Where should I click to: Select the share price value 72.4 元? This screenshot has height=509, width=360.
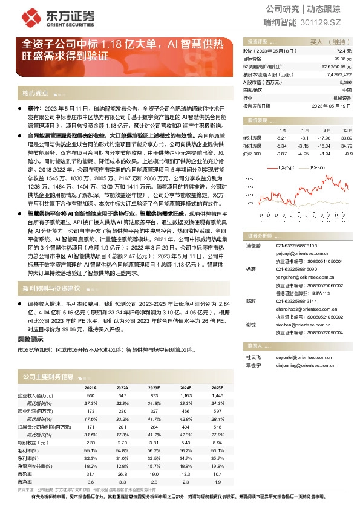pyautogui.click(x=344, y=52)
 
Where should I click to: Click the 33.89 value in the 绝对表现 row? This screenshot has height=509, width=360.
pyautogui.click(x=346, y=138)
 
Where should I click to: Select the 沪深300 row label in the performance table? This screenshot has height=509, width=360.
pyautogui.click(x=252, y=154)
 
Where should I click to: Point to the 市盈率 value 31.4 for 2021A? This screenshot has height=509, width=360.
pyautogui.click(x=91, y=474)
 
